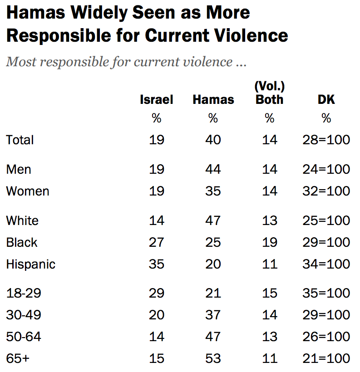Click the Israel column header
pyautogui.click(x=157, y=100)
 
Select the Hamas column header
pyautogui.click(x=213, y=100)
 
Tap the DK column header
pyautogui.click(x=326, y=100)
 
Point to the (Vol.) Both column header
pyautogui.click(x=270, y=93)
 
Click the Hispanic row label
pyautogui.click(x=31, y=264)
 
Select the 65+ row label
pyautogui.click(x=18, y=358)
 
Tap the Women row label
pyautogui.click(x=28, y=191)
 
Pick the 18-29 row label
pyautogui.click(x=24, y=293)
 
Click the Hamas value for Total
pyautogui.click(x=213, y=140)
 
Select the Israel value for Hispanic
pyautogui.click(x=157, y=264)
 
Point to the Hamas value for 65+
pyautogui.click(x=213, y=358)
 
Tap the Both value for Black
pyautogui.click(x=270, y=242)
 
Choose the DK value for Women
pyautogui.click(x=326, y=191)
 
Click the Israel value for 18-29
pyautogui.click(x=157, y=293)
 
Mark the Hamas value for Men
pyautogui.click(x=213, y=169)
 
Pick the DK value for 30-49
pyautogui.click(x=326, y=315)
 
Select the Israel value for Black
pyautogui.click(x=157, y=242)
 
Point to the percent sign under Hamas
pyautogui.click(x=213, y=119)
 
